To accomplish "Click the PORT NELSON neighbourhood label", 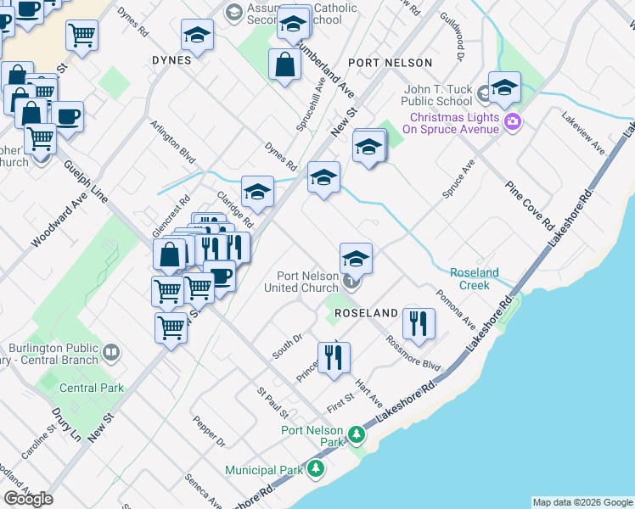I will click(x=390, y=63).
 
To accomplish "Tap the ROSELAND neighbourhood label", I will click(x=366, y=313).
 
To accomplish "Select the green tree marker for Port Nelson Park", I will click(x=357, y=436).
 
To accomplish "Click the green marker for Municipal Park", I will click(x=316, y=468).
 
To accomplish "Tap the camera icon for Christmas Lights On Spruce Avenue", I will click(x=512, y=122).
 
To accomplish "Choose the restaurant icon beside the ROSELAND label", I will click(x=419, y=322).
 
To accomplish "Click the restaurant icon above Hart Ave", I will click(x=333, y=357).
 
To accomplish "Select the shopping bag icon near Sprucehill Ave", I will click(x=284, y=64).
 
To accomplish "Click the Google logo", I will click(x=28, y=499).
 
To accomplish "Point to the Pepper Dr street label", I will click(x=208, y=431).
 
